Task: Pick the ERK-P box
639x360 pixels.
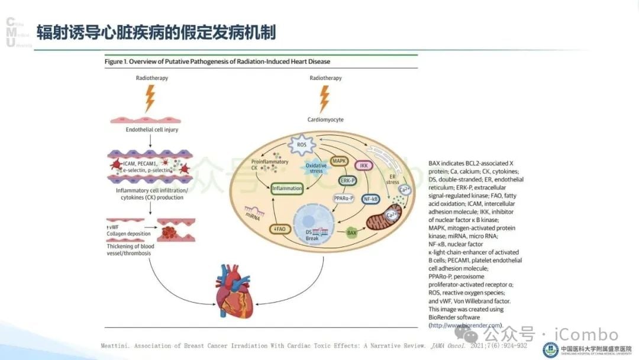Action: (347, 180)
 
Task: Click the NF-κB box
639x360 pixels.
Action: (371, 199)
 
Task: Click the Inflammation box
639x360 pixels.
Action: (287, 189)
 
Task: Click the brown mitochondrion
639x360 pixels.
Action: (385, 222)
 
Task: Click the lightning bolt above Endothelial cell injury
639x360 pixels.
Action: (150, 96)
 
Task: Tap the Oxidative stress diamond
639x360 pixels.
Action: (317, 168)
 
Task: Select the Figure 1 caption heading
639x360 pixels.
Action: (217, 61)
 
